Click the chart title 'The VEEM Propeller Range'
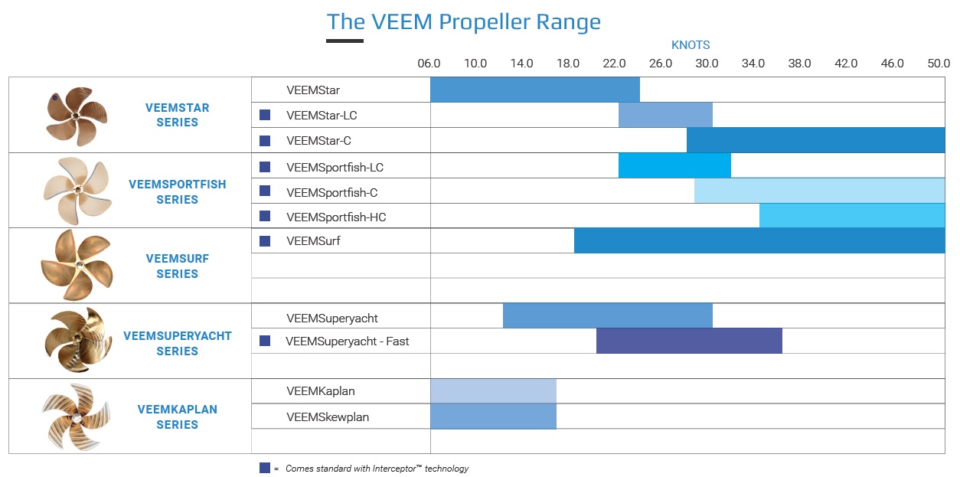tap(463, 21)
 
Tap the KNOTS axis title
tap(690, 45)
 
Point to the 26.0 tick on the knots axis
tap(661, 64)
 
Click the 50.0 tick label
tap(939, 64)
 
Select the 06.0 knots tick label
tap(429, 64)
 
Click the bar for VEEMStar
tap(534, 90)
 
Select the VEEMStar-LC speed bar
tap(665, 115)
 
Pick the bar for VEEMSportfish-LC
tap(674, 166)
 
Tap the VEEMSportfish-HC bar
tap(852, 216)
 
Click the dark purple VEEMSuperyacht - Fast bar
tap(689, 341)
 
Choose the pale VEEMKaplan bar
tap(493, 390)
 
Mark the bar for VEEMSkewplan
tap(493, 417)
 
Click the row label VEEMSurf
tap(313, 241)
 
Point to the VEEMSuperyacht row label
tap(332, 319)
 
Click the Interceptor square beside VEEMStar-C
tap(265, 141)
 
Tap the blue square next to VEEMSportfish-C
tap(265, 191)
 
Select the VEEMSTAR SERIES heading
tap(177, 115)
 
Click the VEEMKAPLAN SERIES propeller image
tap(73, 417)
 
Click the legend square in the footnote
tap(265, 468)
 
